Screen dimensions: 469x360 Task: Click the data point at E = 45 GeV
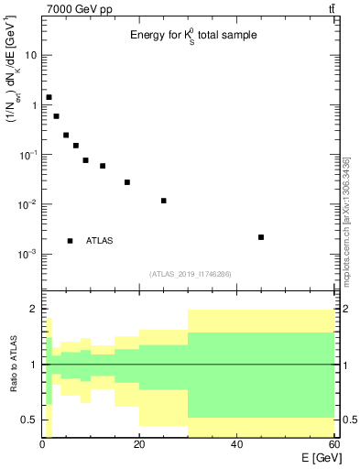(261, 237)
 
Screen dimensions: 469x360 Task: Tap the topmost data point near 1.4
(49, 97)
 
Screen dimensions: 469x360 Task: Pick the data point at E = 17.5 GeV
(127, 182)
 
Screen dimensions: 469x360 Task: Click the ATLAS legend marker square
(71, 241)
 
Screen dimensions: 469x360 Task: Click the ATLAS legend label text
(100, 241)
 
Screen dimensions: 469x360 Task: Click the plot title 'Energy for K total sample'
(192, 35)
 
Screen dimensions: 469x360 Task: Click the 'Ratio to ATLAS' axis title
(12, 365)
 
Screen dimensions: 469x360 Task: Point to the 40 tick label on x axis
(237, 445)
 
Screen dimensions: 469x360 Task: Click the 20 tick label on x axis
(139, 445)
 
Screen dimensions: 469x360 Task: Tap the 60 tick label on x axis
(333, 445)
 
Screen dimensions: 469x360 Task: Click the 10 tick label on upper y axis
(31, 55)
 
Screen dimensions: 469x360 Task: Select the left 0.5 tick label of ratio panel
(28, 420)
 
